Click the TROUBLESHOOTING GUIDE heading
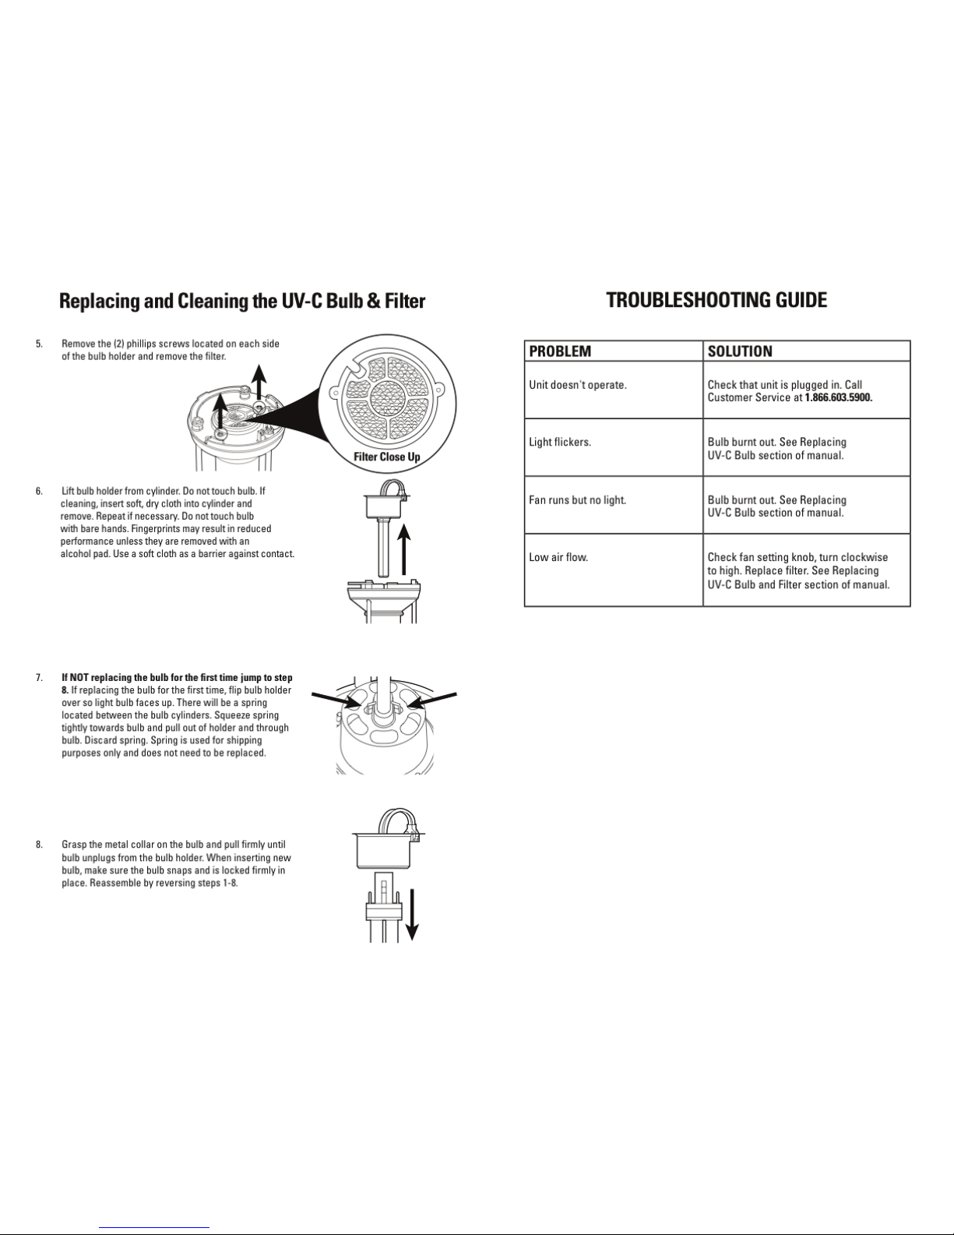(x=716, y=300)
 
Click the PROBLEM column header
(x=560, y=351)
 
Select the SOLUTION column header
(x=740, y=351)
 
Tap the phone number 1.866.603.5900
(x=839, y=397)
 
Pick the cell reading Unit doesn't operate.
(x=578, y=385)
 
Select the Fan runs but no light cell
(x=578, y=499)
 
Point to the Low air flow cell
(x=558, y=557)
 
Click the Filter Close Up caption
(x=387, y=457)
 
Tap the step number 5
(x=39, y=344)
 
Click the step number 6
(x=39, y=491)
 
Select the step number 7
(x=39, y=678)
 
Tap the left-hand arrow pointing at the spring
(x=336, y=699)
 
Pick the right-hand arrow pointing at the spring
(x=432, y=699)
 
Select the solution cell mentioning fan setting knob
(x=797, y=570)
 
